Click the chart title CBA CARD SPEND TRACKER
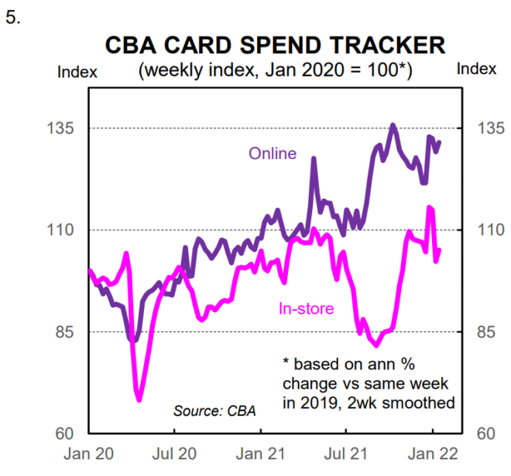click(275, 44)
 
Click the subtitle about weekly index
click(275, 70)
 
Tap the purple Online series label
click(272, 153)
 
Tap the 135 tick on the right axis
click(479, 128)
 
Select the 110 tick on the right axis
click(479, 230)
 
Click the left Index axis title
click(77, 72)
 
